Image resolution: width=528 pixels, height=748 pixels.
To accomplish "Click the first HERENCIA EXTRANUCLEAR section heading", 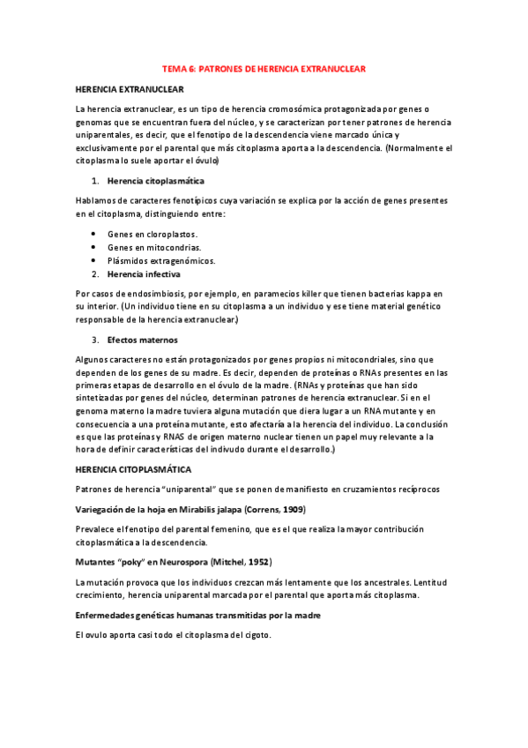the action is [130, 89].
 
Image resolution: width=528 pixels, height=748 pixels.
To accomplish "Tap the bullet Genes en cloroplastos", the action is [152, 235].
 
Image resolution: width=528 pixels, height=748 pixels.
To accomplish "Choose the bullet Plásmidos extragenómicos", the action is [161, 261].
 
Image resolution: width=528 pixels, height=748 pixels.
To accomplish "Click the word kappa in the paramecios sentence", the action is [411, 293].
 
